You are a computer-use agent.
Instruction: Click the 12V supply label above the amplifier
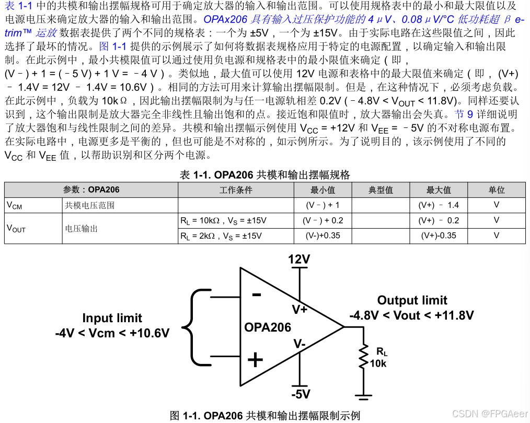pyautogui.click(x=299, y=260)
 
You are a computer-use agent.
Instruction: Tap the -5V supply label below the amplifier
pyautogui.click(x=301, y=394)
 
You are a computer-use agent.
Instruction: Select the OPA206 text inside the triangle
pyautogui.click(x=268, y=327)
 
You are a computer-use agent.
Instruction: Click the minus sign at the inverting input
pyautogui.click(x=257, y=295)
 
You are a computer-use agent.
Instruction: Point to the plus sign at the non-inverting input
pyautogui.click(x=255, y=360)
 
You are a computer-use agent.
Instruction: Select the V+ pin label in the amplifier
pyautogui.click(x=299, y=310)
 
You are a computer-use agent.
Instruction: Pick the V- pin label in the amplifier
pyautogui.click(x=299, y=344)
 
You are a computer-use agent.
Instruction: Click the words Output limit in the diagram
pyautogui.click(x=412, y=300)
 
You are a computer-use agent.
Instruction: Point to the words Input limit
pyautogui.click(x=112, y=318)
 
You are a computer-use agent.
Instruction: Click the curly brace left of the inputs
pyautogui.click(x=194, y=327)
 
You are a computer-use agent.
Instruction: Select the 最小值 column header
pyautogui.click(x=322, y=190)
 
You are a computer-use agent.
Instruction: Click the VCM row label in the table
pyautogui.click(x=14, y=205)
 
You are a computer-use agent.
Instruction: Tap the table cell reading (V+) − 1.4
pyautogui.click(x=439, y=205)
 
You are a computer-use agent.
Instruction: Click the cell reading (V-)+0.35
pyautogui.click(x=322, y=236)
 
